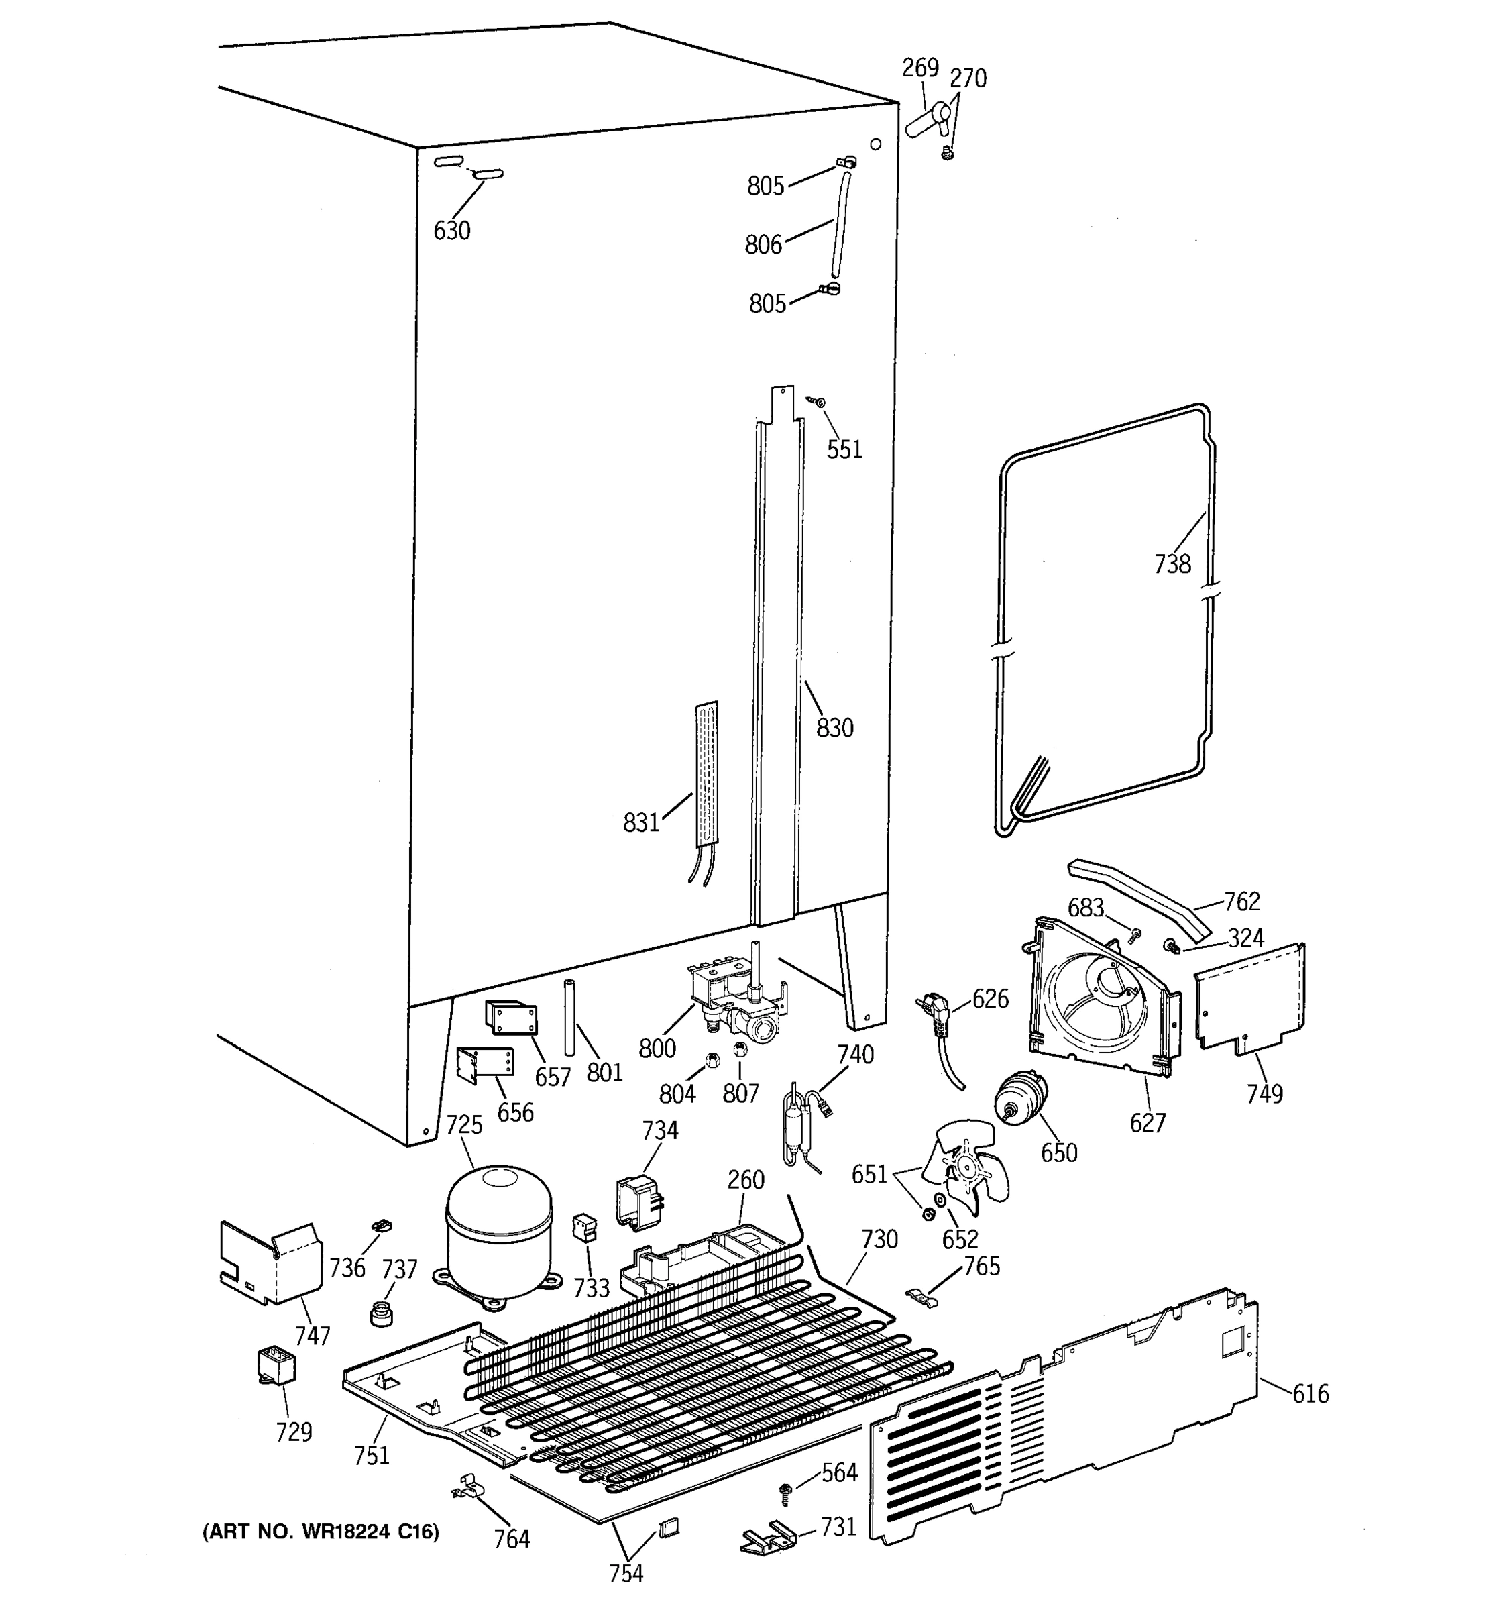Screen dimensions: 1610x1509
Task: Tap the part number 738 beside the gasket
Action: pos(1172,563)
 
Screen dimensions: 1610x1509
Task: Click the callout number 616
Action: pos(1310,1394)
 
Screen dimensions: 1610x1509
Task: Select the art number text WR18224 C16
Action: pos(320,1532)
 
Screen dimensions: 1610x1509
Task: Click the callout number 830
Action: pos(834,728)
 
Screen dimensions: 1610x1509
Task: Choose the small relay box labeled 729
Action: pos(275,1366)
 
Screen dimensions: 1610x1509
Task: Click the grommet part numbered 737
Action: pos(380,1313)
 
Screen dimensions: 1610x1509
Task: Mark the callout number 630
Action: pos(451,231)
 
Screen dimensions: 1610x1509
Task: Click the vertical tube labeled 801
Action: pos(569,1016)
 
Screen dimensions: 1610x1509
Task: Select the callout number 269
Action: pos(920,68)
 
